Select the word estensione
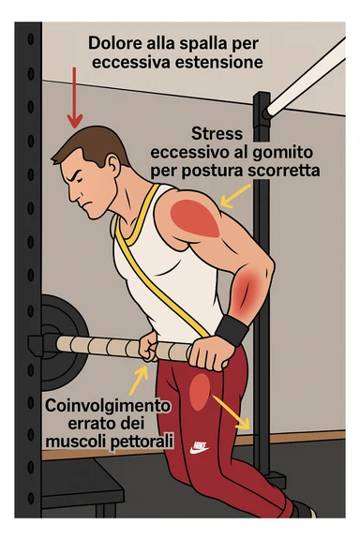pyautogui.click(x=217, y=63)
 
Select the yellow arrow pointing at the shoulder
pyautogui.click(x=235, y=194)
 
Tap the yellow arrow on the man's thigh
pyautogui.click(x=231, y=412)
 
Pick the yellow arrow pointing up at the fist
pyautogui.click(x=139, y=378)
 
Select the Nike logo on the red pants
pyautogui.click(x=200, y=447)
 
